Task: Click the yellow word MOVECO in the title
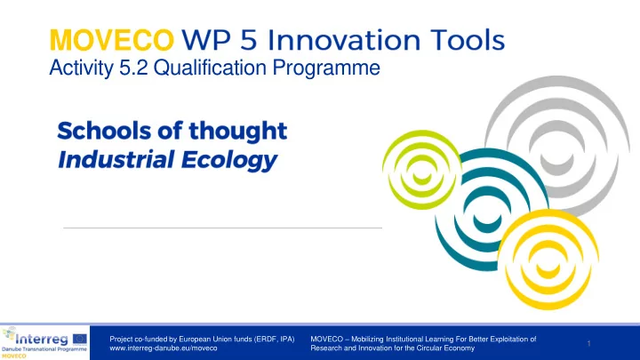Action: pos(112,40)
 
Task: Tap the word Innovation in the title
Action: pos(344,40)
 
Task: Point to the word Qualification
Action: pos(210,68)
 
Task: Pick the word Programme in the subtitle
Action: pos(326,68)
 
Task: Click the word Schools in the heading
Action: pos(104,131)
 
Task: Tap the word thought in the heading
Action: pos(238,132)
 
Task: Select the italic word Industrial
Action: pos(116,159)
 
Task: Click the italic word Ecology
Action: pos(229,160)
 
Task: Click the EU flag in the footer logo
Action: pos(80,339)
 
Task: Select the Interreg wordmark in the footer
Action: pos(42,340)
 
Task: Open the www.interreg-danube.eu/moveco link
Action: pos(164,348)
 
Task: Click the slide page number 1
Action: pos(589,343)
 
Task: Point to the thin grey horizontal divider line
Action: pos(223,228)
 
